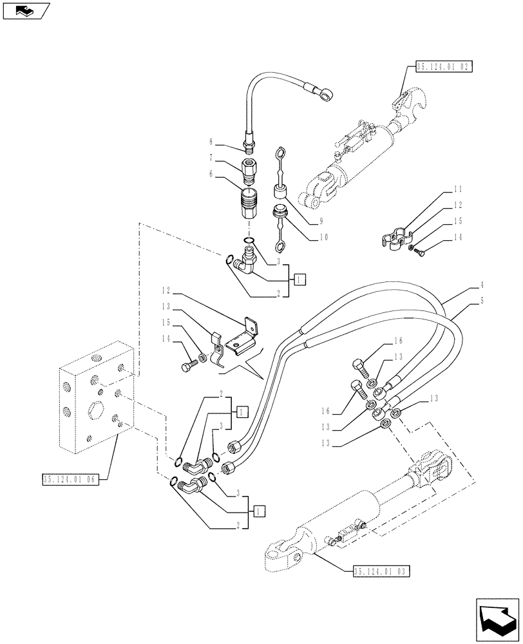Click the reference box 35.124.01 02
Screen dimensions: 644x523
pyautogui.click(x=445, y=66)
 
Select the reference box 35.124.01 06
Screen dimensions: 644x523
pyautogui.click(x=69, y=479)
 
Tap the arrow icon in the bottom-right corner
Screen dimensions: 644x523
pyautogui.click(x=495, y=620)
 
